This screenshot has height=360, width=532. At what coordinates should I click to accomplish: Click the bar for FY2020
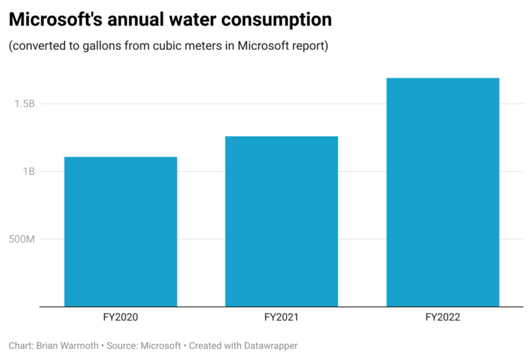[121, 231]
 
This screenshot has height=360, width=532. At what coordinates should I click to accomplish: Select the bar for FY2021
[281, 221]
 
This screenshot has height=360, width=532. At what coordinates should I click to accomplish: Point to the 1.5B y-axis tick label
[24, 104]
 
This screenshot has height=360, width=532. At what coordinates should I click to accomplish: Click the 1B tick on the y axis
[28, 171]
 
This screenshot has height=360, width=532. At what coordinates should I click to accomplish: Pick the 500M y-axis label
[21, 239]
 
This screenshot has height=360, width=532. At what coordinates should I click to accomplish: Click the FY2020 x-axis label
[121, 318]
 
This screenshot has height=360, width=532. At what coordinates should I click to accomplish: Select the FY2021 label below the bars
[281, 318]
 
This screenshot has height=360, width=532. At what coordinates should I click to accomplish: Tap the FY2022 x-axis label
[443, 318]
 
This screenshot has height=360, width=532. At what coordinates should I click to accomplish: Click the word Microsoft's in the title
[55, 20]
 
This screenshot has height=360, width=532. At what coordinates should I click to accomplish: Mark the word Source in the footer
[125, 345]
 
